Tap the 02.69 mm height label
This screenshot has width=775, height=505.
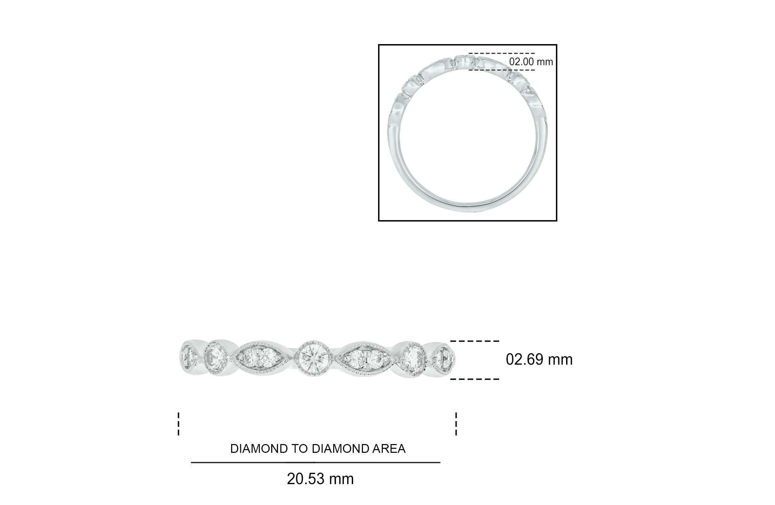539,360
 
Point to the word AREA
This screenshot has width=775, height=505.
390,449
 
